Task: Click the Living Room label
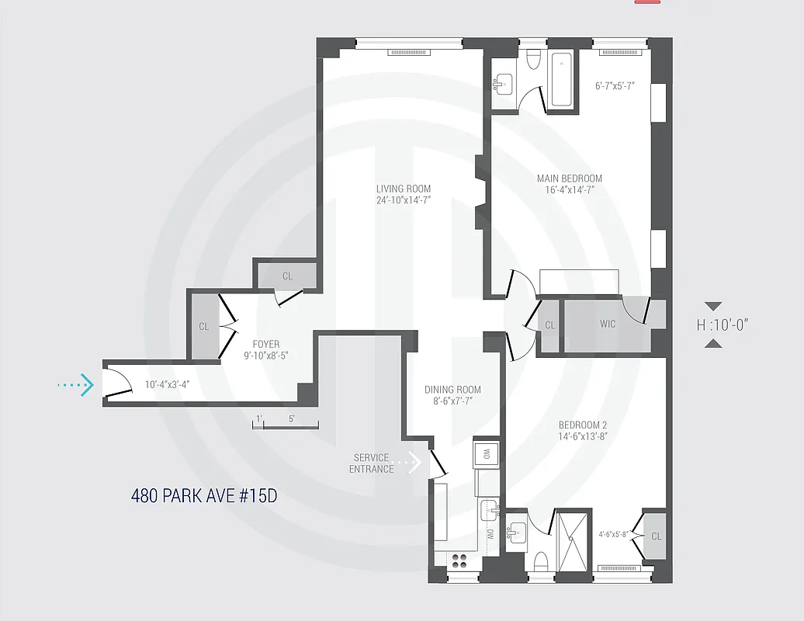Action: (x=403, y=189)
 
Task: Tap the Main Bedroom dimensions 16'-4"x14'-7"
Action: (x=569, y=190)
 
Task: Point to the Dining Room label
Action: (x=452, y=390)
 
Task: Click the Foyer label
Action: (x=266, y=345)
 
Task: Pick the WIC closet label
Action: (x=608, y=324)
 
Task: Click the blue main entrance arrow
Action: (x=76, y=383)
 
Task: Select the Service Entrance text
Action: (x=372, y=463)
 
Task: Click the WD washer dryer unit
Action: (x=487, y=453)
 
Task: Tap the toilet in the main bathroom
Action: (x=533, y=60)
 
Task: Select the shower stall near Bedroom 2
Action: (x=574, y=538)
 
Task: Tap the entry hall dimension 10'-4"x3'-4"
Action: (x=167, y=384)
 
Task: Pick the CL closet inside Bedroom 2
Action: (x=656, y=536)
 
